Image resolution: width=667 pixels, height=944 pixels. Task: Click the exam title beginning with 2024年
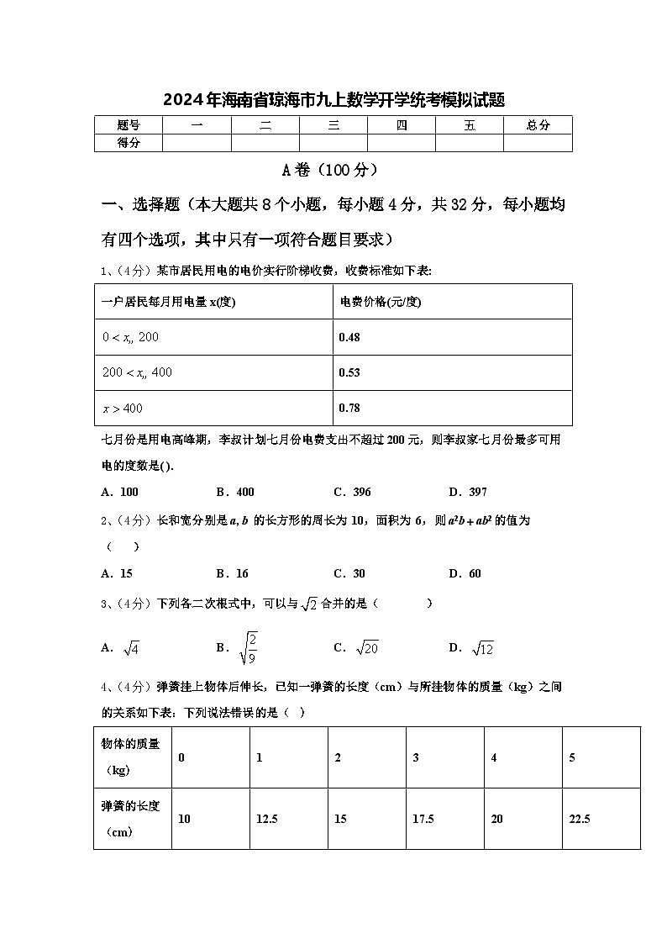333,100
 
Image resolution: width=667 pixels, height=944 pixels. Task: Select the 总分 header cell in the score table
538,125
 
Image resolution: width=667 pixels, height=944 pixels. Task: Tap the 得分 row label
129,143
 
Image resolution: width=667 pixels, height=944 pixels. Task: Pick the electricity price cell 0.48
349,337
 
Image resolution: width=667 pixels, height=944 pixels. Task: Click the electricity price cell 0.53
349,372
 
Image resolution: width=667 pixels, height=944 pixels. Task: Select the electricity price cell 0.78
349,408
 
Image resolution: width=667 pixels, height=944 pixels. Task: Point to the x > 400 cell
123,409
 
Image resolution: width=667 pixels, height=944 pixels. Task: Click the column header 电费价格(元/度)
380,302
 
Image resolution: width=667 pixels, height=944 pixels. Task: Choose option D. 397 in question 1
467,492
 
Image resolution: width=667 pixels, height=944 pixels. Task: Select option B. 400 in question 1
234,492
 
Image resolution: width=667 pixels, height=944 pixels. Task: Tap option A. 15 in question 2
117,573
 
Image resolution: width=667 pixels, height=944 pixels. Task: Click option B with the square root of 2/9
237,647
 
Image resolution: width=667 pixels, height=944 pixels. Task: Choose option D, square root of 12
471,647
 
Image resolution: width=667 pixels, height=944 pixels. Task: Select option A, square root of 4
120,647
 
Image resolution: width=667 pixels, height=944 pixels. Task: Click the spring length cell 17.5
423,819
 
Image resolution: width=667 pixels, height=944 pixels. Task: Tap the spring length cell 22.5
580,819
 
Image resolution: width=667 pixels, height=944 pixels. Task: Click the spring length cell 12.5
267,819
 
